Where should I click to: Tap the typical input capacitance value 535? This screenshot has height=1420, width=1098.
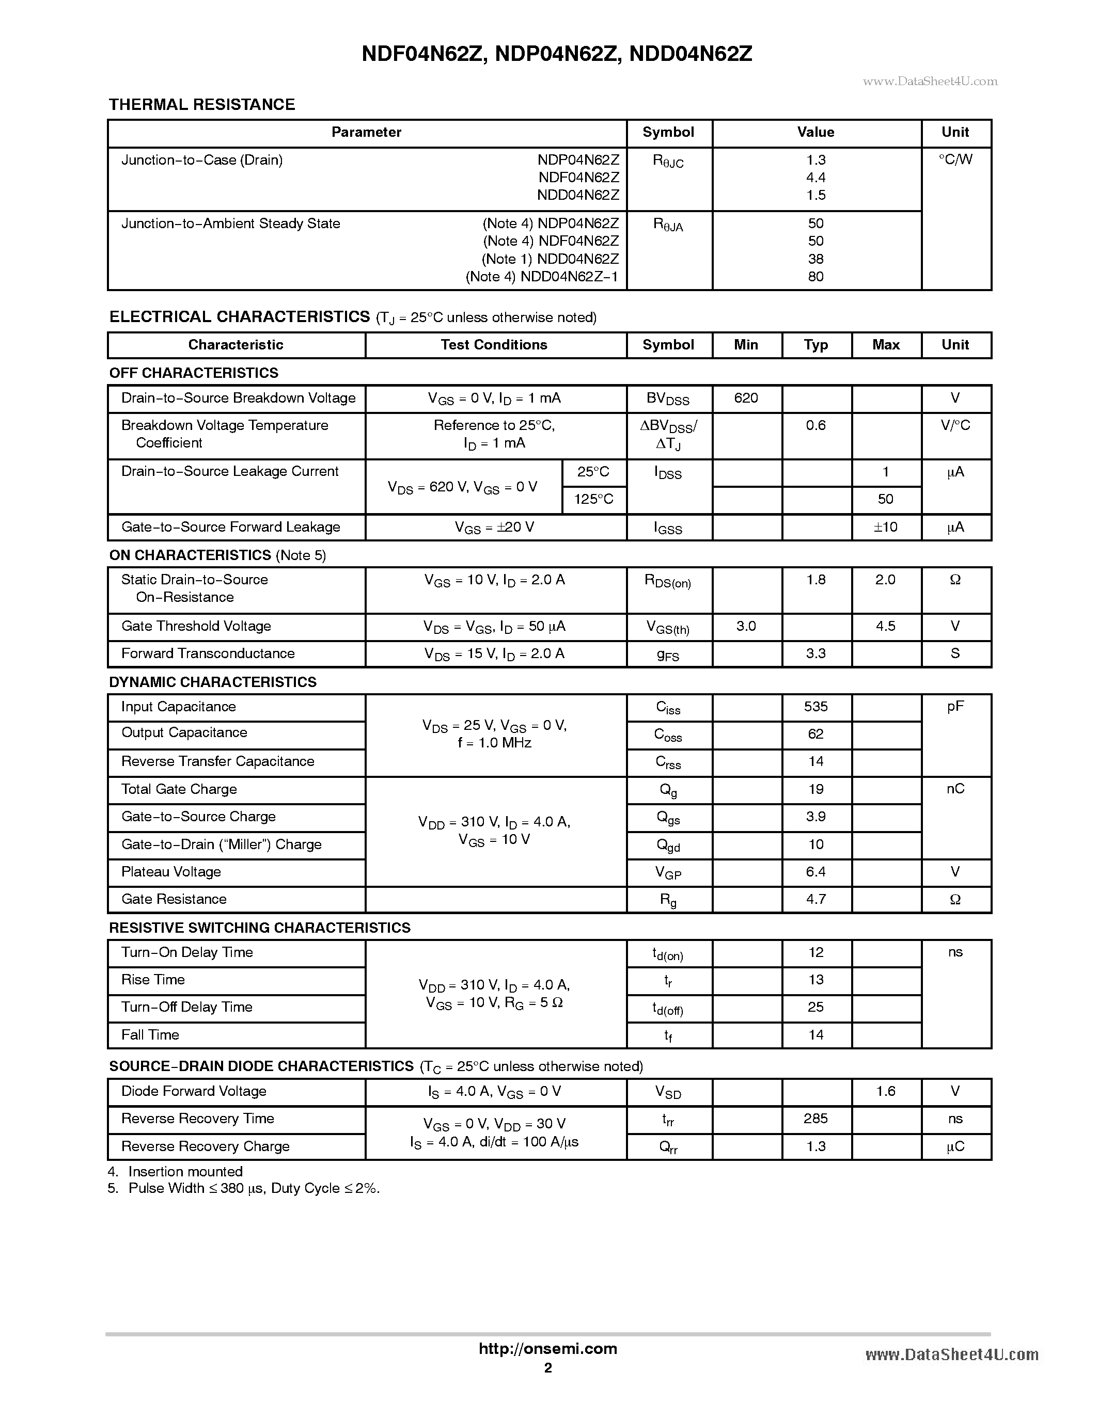815,707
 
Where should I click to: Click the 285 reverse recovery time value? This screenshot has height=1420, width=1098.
815,1119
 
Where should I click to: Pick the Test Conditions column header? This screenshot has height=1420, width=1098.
494,345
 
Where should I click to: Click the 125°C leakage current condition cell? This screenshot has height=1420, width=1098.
593,499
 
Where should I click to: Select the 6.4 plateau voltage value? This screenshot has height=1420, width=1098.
815,872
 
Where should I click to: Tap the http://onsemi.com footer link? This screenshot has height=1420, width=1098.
547,1348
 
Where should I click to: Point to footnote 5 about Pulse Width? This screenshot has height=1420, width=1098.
244,1189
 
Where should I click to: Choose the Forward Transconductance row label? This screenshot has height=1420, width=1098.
208,653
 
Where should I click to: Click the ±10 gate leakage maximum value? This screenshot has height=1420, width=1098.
885,528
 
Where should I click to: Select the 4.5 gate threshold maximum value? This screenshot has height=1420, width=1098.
885,626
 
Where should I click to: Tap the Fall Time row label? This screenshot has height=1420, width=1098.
150,1035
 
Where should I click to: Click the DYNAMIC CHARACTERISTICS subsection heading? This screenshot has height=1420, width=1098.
213,682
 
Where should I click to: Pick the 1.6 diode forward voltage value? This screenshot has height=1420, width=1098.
885,1091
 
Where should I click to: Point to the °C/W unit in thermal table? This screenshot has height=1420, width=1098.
955,159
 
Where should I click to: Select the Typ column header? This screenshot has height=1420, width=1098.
815,345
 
